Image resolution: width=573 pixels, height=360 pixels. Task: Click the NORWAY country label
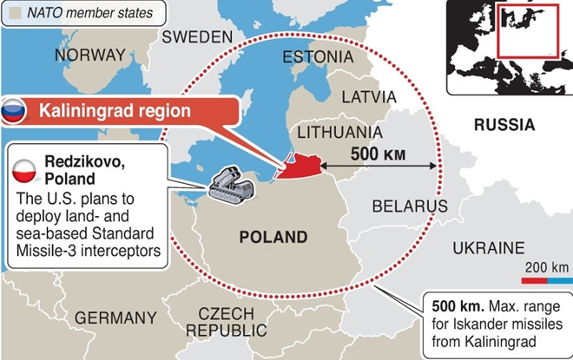click(x=89, y=56)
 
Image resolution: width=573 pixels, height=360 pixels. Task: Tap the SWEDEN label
click(x=197, y=36)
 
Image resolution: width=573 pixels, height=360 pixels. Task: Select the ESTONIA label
click(x=318, y=57)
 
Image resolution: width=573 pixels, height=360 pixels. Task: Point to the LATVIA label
click(x=368, y=96)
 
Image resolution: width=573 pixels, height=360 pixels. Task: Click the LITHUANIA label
click(x=339, y=132)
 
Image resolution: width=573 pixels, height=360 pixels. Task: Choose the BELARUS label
click(x=409, y=206)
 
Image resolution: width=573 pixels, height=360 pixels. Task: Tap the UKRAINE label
click(x=489, y=248)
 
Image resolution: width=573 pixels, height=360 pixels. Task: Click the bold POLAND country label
click(x=273, y=237)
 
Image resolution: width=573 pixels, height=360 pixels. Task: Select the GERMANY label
click(x=115, y=317)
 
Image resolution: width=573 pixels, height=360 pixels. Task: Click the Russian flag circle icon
click(x=13, y=111)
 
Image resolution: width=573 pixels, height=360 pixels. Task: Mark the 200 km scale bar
click(x=547, y=280)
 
